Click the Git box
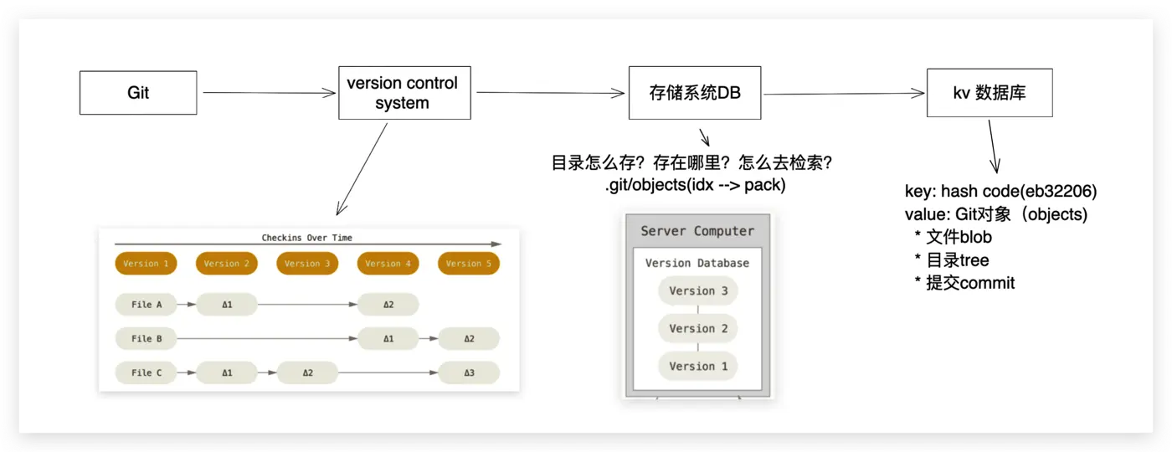pos(138,92)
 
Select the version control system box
pos(404,93)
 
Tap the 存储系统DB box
pos(696,93)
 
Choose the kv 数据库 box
pos(990,93)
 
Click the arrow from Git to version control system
pos(268,93)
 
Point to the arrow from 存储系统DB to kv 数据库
pos(844,94)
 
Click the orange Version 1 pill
pos(146,264)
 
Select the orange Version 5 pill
pos(468,264)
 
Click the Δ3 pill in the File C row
pos(468,372)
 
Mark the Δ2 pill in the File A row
pos(388,305)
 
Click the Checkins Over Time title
pos(306,238)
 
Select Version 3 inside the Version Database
pos(697,291)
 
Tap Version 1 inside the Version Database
pos(697,367)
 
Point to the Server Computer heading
pos(697,231)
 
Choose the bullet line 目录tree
pos(957,260)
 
